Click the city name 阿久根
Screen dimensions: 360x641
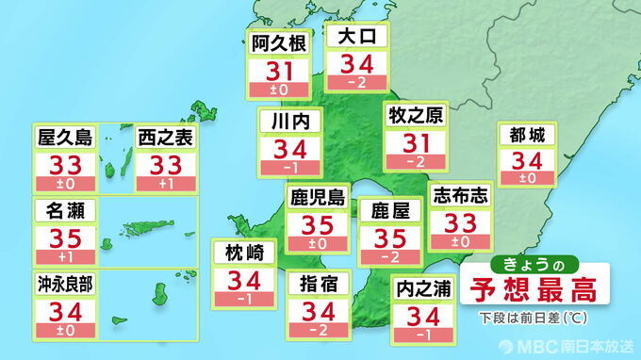276,41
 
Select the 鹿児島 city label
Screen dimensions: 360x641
317,198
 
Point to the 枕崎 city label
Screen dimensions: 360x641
243,253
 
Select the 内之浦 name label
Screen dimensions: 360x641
419,284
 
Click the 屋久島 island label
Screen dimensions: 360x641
65,137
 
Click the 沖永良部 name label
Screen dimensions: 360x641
65,282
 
